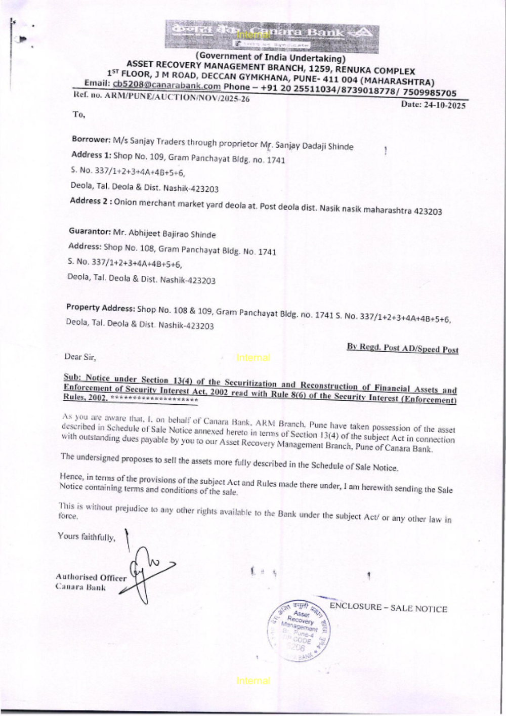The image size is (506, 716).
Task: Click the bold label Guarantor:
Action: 90,231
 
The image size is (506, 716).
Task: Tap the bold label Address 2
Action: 90,201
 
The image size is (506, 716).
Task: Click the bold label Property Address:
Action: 100,308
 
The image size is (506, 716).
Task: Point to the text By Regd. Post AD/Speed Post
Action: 402,348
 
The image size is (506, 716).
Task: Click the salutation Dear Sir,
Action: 80,357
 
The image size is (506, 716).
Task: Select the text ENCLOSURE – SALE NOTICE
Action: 388,607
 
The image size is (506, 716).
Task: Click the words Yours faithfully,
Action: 87,536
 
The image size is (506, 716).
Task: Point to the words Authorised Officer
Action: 91,577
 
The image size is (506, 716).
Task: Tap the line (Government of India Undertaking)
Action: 270,57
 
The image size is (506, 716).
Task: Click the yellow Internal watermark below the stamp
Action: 253,681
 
